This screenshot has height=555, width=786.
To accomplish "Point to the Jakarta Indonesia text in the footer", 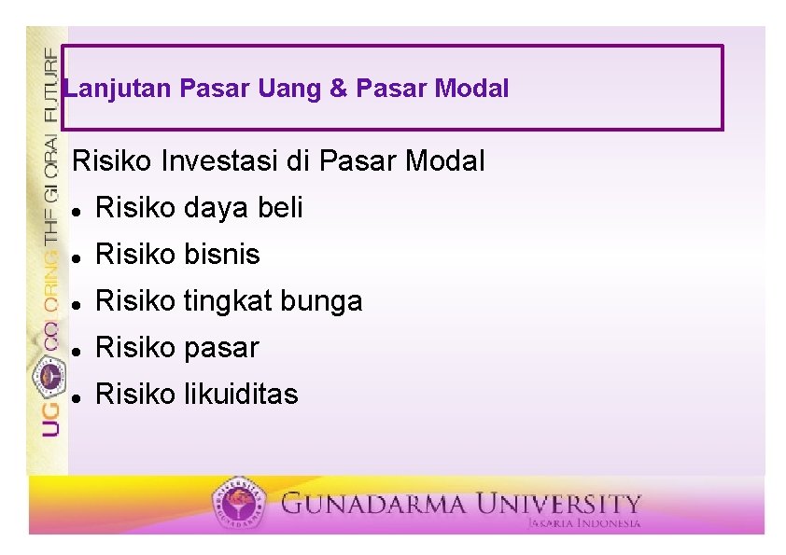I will coord(584,524).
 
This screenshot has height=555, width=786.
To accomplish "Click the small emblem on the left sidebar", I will coord(49,376).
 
